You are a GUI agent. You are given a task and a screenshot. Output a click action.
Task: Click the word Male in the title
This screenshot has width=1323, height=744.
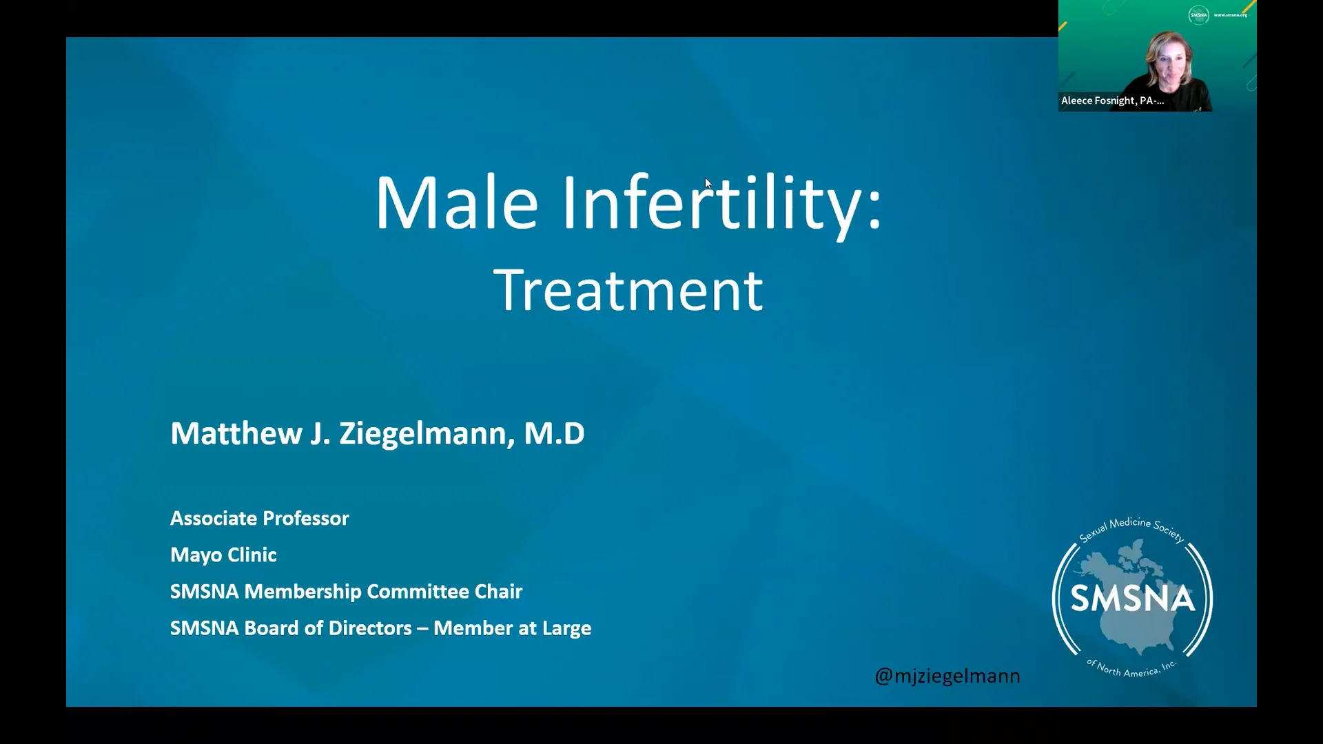point(456,203)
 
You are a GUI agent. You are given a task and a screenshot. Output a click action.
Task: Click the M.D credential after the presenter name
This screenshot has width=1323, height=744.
point(554,433)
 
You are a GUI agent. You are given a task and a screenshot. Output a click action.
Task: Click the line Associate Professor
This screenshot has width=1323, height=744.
point(260,518)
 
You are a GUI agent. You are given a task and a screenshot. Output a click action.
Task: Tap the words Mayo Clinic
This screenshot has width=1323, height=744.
point(223,555)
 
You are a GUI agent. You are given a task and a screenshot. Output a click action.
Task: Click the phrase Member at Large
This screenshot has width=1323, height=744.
point(512,628)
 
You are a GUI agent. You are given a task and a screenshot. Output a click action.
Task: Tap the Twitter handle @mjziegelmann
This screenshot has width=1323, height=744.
point(947,676)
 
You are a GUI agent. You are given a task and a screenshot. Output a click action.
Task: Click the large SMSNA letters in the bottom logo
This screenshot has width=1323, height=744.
point(1132,599)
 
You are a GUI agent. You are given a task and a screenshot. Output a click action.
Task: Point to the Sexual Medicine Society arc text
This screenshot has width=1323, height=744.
point(1131,529)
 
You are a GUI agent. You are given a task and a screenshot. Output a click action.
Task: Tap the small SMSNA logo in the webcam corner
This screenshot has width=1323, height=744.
point(1198,14)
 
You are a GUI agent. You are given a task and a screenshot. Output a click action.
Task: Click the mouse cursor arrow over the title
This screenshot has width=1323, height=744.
point(708,183)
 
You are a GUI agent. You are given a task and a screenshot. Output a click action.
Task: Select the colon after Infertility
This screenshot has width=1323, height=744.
point(874,207)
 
